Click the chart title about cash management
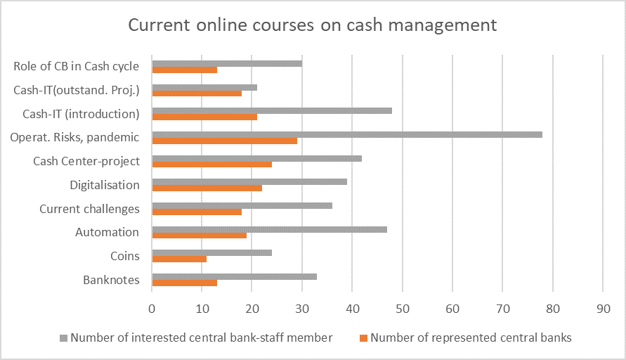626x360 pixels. (x=312, y=25)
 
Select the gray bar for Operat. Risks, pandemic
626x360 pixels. (x=347, y=134)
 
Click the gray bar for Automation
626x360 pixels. (x=269, y=229)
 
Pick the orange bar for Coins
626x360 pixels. (x=179, y=259)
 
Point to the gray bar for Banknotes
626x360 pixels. (x=235, y=276)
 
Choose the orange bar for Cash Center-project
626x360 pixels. (x=212, y=165)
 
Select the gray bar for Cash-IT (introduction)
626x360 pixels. (x=272, y=110)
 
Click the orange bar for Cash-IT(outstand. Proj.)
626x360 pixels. (x=197, y=94)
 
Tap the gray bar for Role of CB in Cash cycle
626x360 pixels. (x=227, y=63)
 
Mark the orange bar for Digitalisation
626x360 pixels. (x=207, y=188)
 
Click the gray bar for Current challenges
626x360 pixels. (x=242, y=205)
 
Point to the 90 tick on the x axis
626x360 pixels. (x=603, y=309)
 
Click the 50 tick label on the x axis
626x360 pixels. (x=403, y=309)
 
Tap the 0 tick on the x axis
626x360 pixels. (x=152, y=309)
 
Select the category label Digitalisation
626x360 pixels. (x=105, y=186)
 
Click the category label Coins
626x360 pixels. (x=125, y=257)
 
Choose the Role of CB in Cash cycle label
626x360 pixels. (x=76, y=67)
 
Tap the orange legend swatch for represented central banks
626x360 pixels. (x=363, y=338)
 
